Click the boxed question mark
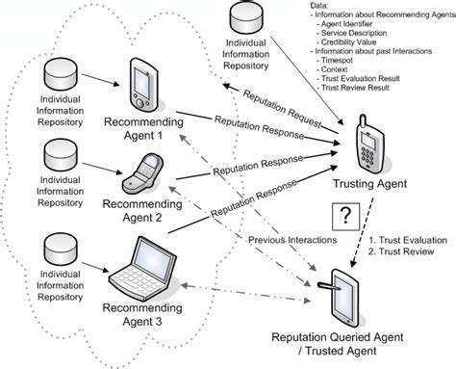[x=347, y=216]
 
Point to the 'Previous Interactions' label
[x=287, y=240]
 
